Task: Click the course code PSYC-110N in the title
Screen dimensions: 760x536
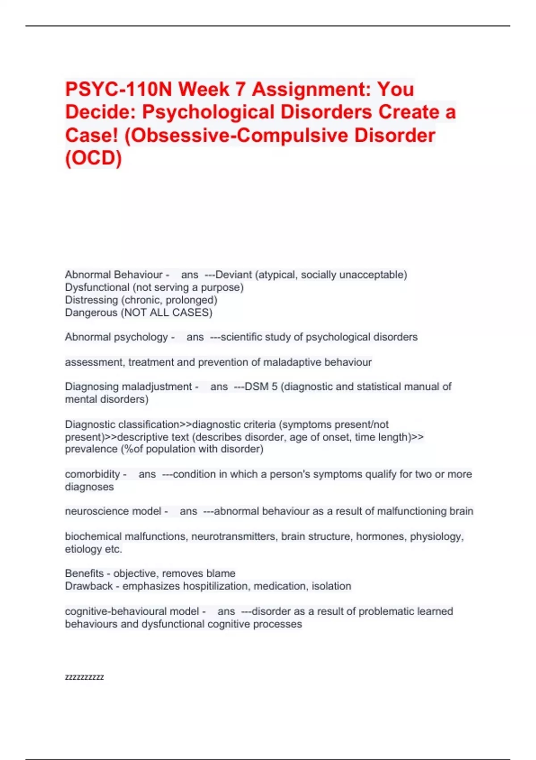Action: pos(118,89)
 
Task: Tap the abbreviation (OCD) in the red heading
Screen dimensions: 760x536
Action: pos(93,158)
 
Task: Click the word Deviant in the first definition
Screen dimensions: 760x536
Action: pos(234,274)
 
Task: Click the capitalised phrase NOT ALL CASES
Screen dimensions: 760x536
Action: pos(166,312)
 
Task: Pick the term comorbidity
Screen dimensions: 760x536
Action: pos(92,474)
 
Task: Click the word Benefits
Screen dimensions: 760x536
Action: pos(84,573)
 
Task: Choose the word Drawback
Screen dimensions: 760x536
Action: pos(88,586)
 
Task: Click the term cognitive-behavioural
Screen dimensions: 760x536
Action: pos(132,611)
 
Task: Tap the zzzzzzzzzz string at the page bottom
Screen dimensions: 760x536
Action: pos(84,677)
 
